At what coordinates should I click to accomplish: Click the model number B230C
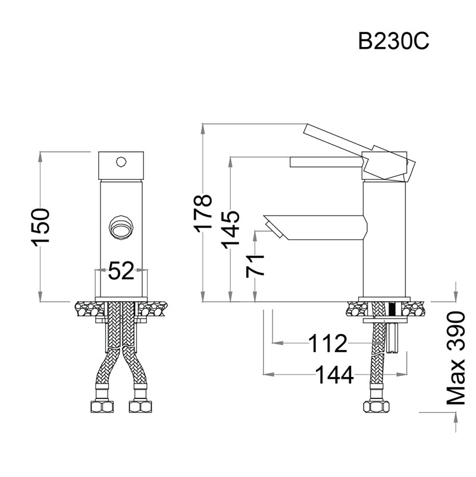(394, 41)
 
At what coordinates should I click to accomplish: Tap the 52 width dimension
(121, 270)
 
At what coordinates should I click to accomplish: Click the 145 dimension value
(230, 230)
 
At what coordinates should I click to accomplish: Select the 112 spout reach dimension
(328, 343)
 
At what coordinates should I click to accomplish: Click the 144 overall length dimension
(334, 375)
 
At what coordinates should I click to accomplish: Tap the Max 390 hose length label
(456, 358)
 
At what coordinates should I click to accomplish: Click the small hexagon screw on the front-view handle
(121, 162)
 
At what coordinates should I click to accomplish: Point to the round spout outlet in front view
(121, 228)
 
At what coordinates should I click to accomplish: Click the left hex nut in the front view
(102, 407)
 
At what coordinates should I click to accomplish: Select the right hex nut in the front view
(140, 407)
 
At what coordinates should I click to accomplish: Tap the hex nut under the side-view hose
(377, 407)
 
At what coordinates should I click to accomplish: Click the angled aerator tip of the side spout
(274, 230)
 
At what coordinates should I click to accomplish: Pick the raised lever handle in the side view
(359, 151)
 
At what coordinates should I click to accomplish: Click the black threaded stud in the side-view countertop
(393, 310)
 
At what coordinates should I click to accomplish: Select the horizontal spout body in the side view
(315, 227)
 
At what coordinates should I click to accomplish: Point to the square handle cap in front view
(121, 166)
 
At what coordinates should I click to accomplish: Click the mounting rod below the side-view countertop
(393, 338)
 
